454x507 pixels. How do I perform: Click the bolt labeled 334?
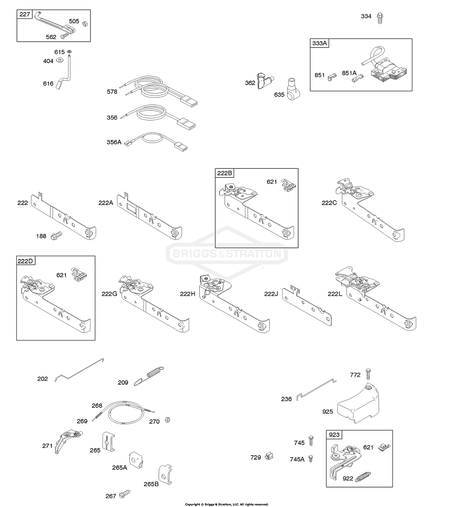(379, 18)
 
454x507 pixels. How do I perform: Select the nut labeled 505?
(86, 23)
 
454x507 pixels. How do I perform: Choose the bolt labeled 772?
(367, 374)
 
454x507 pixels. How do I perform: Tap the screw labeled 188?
(56, 235)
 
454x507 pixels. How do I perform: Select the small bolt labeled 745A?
(310, 458)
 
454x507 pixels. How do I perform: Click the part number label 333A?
(319, 43)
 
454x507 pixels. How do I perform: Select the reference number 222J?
(271, 294)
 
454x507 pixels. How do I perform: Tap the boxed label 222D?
(25, 260)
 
